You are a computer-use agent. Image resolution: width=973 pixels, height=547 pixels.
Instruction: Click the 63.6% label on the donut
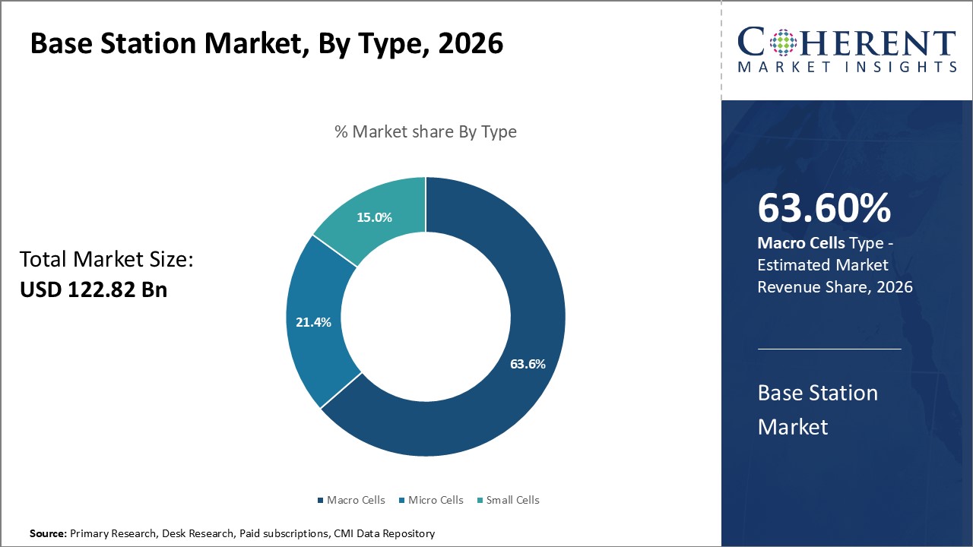tap(528, 364)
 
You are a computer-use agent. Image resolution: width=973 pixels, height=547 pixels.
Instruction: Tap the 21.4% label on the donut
tap(313, 322)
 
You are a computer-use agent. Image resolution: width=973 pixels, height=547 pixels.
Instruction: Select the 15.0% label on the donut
tap(374, 217)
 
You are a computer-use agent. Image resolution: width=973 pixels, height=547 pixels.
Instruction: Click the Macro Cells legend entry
tap(350, 500)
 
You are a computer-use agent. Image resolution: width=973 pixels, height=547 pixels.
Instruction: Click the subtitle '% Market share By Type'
tap(426, 131)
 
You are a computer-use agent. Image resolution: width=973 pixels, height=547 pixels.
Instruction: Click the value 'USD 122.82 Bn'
tap(93, 289)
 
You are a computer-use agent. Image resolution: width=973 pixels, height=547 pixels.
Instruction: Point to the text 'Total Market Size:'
tap(106, 260)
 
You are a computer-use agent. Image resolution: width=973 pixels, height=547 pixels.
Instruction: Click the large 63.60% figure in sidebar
tap(824, 209)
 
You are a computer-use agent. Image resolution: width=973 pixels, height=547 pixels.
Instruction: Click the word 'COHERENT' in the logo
tap(847, 44)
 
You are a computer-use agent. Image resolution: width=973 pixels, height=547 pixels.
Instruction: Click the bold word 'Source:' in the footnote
tap(49, 533)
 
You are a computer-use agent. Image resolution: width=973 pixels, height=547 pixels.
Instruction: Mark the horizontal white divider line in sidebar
tap(829, 349)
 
